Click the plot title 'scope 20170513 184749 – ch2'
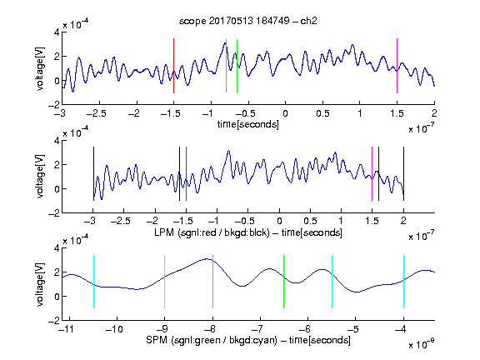coord(248,21)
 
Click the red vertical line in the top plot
coord(173,66)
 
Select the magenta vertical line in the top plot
coord(397,66)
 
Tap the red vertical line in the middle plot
coord(186,174)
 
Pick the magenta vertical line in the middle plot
coord(372,174)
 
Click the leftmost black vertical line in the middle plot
coord(93,174)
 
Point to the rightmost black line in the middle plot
coord(403,174)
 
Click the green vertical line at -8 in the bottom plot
coord(212,282)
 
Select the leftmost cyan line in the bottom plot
coord(93,282)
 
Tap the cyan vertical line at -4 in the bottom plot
coord(403,282)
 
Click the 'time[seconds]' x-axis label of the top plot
coord(248,124)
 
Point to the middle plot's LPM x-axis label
coord(248,232)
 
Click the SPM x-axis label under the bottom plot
coord(248,340)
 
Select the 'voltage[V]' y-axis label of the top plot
coord(40,69)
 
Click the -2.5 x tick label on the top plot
coord(97,114)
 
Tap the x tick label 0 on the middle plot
coord(279,221)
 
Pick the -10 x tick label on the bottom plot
coord(114,329)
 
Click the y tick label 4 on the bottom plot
coord(57,248)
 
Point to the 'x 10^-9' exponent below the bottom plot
coord(422,344)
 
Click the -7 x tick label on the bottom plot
coord(259,329)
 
